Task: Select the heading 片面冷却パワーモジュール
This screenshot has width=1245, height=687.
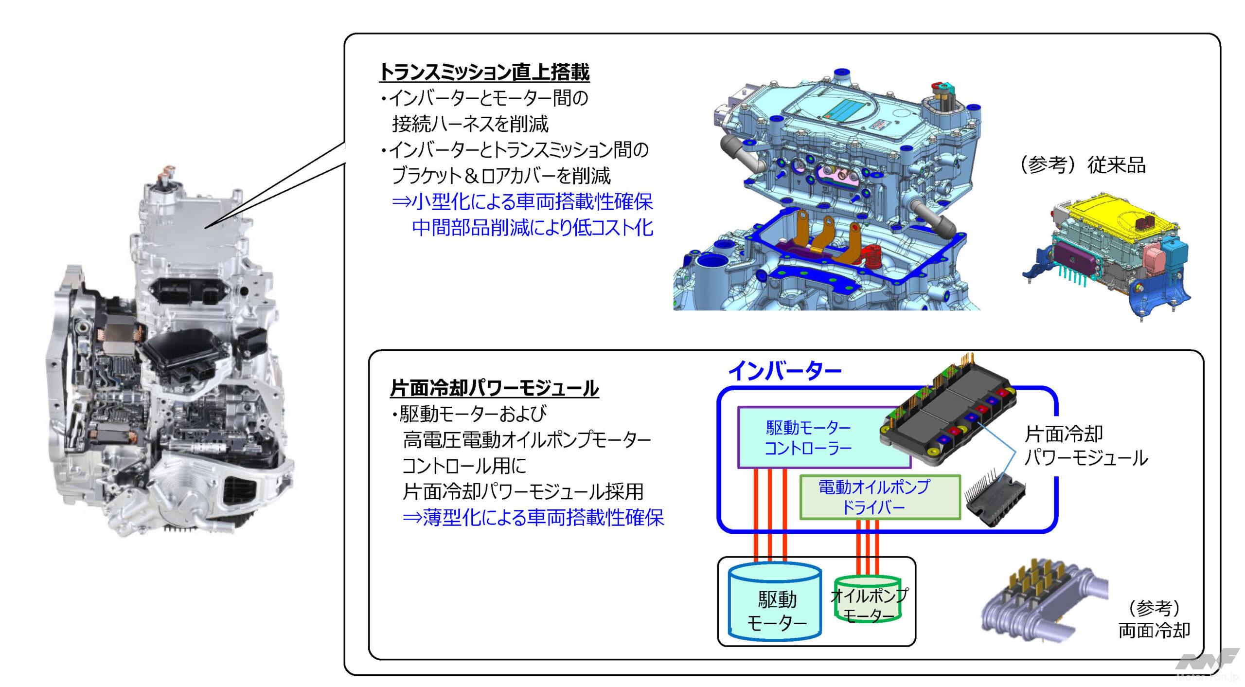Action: click(x=494, y=388)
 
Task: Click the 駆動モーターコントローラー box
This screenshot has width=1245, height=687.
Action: click(x=808, y=437)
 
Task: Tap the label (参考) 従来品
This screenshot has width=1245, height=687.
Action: click(x=1083, y=166)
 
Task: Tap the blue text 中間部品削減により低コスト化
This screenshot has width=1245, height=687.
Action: click(x=532, y=228)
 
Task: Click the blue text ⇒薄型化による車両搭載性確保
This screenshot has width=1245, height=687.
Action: click(x=533, y=518)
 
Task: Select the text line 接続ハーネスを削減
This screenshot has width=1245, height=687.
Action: click(x=470, y=125)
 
